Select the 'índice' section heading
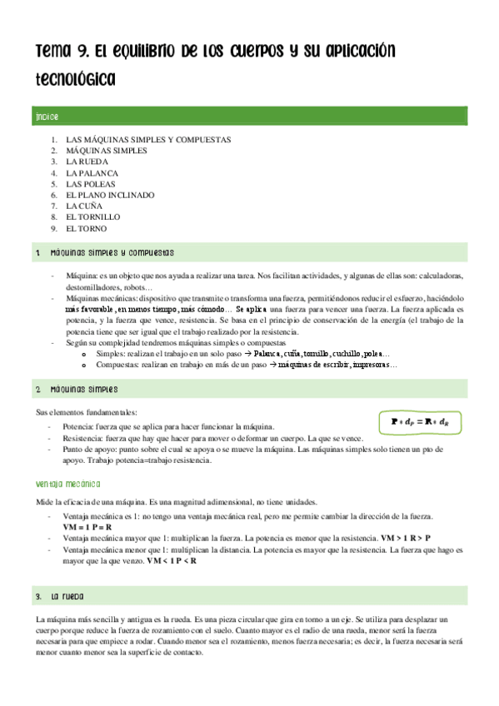[47, 116]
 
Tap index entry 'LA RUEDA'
[87, 162]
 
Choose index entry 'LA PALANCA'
[92, 172]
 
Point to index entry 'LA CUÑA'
[85, 206]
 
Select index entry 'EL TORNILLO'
[92, 216]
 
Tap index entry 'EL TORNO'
[87, 228]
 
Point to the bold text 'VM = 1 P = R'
[87, 528]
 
